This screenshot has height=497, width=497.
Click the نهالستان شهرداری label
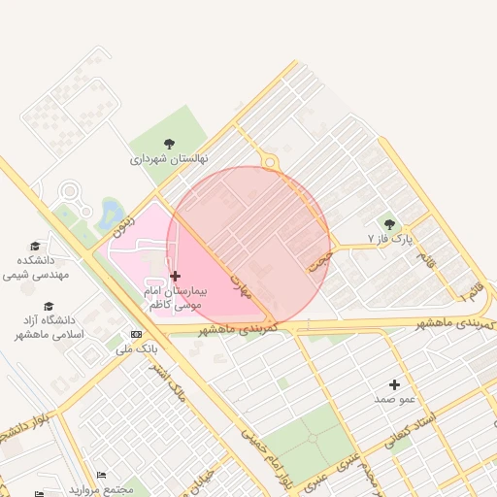coord(170,157)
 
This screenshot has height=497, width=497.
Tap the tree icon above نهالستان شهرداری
coord(170,144)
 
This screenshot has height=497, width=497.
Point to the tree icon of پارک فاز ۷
coord(389,224)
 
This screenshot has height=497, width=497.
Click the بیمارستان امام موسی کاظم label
coord(175,297)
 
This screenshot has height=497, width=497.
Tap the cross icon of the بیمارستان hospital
coord(175,277)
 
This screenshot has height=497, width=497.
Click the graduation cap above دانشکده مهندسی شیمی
coord(36,247)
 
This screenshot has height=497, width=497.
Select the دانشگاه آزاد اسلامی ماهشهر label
coord(50,326)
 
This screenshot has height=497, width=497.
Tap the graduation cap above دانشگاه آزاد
coord(50,305)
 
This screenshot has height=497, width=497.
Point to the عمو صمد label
coord(395,399)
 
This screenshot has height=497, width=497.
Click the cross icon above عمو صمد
coord(394,384)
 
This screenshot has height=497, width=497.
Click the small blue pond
coord(110,210)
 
